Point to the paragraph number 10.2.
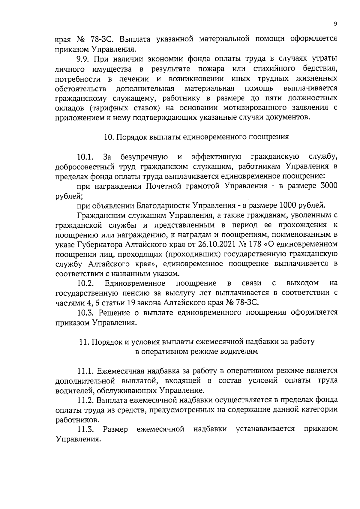[x=86, y=283]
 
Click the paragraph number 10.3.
[x=86, y=313]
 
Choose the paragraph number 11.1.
[x=86, y=371]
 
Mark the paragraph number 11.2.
[x=86, y=400]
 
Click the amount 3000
[x=329, y=186]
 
